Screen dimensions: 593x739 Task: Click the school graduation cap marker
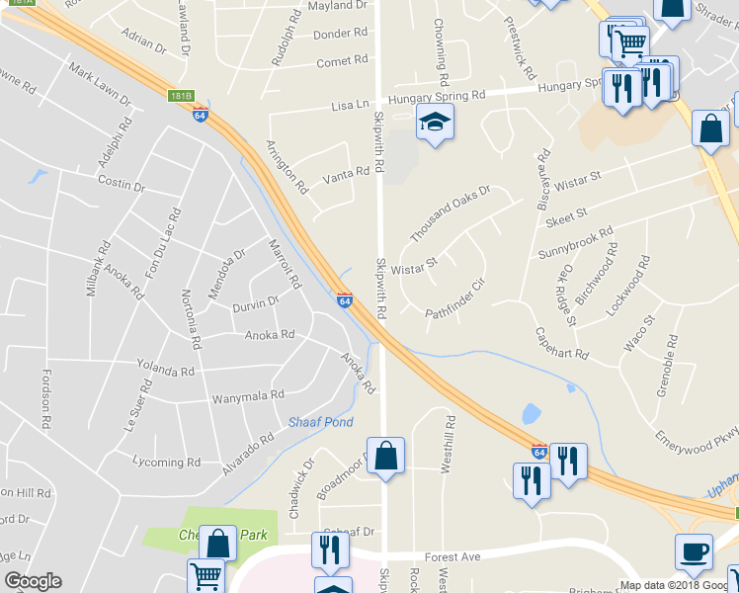click(431, 124)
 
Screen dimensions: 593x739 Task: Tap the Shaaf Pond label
click(320, 422)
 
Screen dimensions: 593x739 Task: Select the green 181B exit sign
click(180, 96)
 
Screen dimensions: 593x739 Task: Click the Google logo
click(33, 581)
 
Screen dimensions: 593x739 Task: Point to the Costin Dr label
click(122, 185)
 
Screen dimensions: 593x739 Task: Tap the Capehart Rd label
click(561, 343)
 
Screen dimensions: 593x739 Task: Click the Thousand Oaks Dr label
click(450, 212)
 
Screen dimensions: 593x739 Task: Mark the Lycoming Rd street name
click(166, 462)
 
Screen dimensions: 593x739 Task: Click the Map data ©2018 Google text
click(678, 585)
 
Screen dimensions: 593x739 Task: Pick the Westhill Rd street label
click(448, 448)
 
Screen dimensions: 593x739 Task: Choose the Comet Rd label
click(342, 62)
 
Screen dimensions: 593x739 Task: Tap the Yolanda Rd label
click(165, 371)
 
